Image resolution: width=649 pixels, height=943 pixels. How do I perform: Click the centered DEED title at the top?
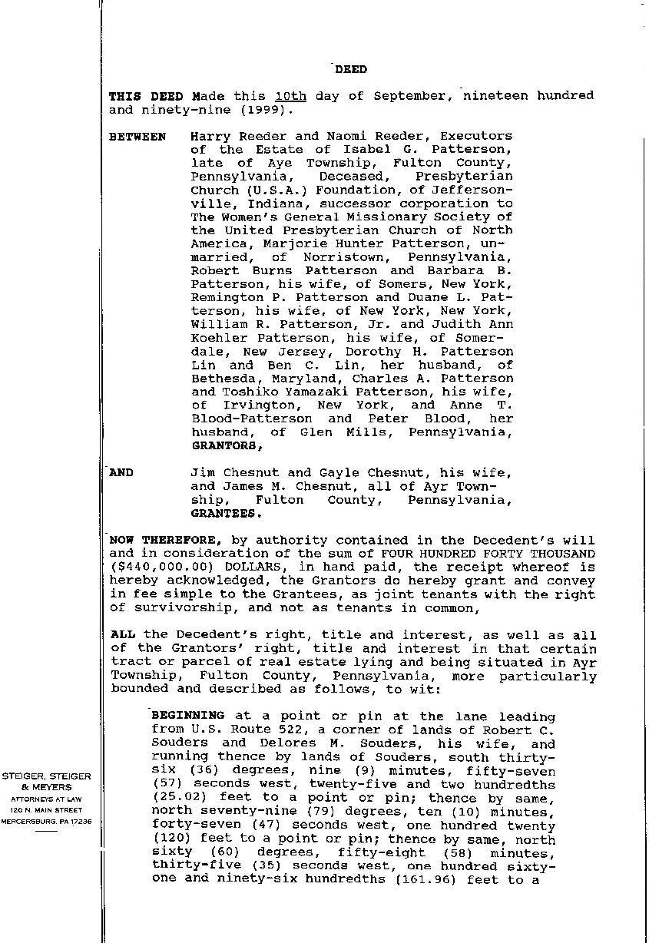pyautogui.click(x=350, y=69)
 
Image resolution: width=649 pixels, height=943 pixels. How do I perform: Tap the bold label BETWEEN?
pyautogui.click(x=137, y=137)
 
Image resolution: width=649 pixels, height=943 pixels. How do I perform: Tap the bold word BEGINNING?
pyautogui.click(x=188, y=716)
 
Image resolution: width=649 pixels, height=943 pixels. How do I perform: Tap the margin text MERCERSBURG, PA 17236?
pyautogui.click(x=47, y=821)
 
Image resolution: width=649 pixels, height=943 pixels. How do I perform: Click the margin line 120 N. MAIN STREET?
pyautogui.click(x=47, y=809)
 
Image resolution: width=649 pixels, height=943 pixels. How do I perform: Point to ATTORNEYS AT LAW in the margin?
pyautogui.click(x=47, y=799)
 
